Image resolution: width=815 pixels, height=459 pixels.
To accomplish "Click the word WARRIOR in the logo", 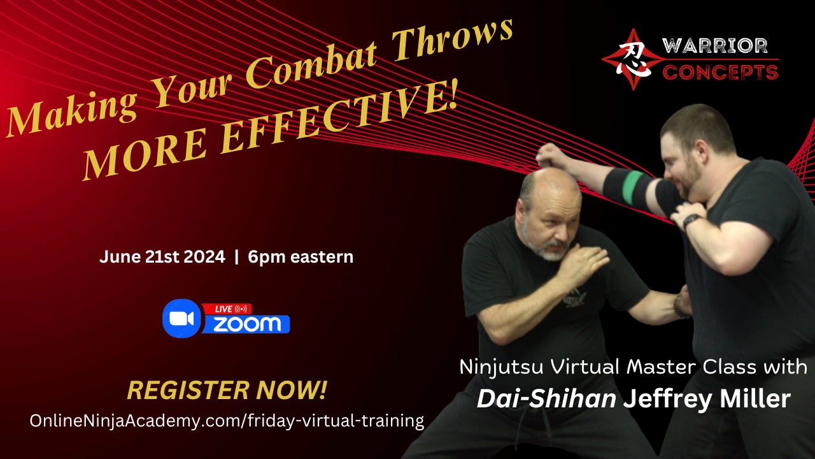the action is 715,46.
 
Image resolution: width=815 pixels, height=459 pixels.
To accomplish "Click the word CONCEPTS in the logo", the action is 720,72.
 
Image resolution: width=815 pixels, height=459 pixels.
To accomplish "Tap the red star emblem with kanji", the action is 634,59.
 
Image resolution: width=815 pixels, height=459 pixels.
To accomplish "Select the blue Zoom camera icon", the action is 181,318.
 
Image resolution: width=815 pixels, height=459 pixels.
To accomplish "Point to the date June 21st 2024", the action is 162,257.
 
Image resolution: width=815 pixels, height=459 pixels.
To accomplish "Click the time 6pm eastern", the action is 301,257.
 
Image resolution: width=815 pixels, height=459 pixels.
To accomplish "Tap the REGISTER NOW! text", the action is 227,390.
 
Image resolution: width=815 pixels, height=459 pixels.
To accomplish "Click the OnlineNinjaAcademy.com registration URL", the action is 227,421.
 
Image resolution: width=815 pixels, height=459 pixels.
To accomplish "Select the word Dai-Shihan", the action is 546,399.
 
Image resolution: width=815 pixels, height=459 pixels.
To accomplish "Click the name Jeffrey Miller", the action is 707,399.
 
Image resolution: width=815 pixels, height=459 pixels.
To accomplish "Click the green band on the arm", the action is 634,187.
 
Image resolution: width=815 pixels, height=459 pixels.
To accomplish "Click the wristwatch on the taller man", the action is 691,221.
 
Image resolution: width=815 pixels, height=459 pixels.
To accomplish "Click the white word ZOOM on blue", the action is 247,324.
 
